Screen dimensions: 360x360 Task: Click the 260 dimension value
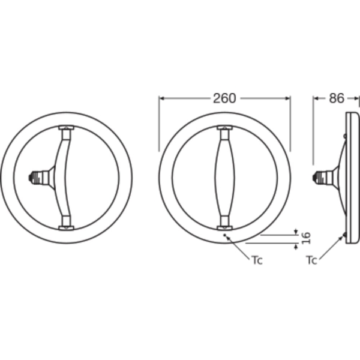point(224,98)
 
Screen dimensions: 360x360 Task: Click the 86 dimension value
point(337,98)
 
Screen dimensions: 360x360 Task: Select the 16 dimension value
point(306,238)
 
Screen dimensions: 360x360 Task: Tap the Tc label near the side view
point(311,260)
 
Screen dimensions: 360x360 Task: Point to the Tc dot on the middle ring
point(225,235)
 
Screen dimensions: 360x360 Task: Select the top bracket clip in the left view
point(67,128)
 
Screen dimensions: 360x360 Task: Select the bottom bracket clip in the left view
point(67,228)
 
